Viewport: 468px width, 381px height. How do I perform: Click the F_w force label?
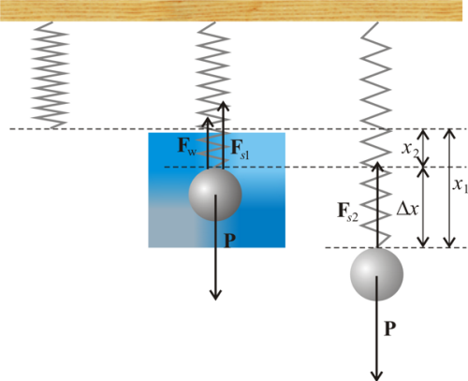(187, 146)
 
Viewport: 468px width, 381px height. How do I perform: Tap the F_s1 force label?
(241, 150)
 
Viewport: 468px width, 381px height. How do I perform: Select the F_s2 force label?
(348, 212)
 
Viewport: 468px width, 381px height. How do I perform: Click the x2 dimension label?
(410, 150)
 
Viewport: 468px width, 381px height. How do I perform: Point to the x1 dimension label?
(461, 185)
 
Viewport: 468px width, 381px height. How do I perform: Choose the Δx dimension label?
(407, 208)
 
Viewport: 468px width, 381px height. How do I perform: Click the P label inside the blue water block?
(230, 241)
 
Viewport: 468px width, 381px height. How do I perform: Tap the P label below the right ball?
(389, 329)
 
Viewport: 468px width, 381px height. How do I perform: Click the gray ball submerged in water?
(215, 195)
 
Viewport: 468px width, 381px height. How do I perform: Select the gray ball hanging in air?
(376, 274)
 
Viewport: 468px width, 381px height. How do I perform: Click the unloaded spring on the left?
(50, 75)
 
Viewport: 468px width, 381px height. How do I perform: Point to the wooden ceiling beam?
(231, 10)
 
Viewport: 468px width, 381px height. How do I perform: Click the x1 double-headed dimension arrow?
(449, 188)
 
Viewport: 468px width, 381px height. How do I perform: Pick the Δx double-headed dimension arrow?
(423, 208)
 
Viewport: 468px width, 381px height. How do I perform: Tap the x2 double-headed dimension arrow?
(423, 148)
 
